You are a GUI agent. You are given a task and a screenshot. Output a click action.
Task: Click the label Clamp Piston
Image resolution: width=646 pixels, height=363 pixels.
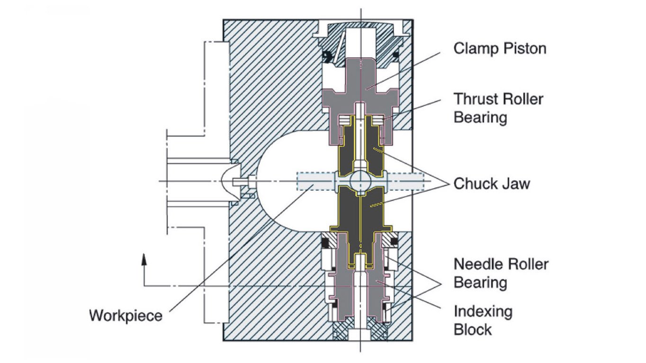point(500,48)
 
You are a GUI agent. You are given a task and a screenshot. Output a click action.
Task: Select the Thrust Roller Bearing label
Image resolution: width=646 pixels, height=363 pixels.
point(498,108)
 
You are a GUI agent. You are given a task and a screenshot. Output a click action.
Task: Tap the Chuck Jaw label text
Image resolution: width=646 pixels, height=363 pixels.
point(492,183)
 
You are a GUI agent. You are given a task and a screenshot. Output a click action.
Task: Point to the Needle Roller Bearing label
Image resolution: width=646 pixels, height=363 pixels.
point(501,273)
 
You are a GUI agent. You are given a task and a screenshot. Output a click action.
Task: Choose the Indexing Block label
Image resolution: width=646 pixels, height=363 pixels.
point(483,320)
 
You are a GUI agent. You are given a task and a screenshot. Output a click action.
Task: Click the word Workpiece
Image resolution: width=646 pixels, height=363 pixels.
point(126,315)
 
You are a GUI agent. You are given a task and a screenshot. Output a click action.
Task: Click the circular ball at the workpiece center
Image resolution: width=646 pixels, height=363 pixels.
point(359,182)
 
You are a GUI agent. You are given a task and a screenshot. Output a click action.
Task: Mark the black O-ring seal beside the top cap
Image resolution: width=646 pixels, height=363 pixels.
point(326,57)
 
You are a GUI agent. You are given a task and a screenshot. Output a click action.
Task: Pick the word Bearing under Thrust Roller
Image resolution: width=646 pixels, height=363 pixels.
point(480,117)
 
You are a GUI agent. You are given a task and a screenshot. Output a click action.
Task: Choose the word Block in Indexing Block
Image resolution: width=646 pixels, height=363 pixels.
point(472,329)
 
